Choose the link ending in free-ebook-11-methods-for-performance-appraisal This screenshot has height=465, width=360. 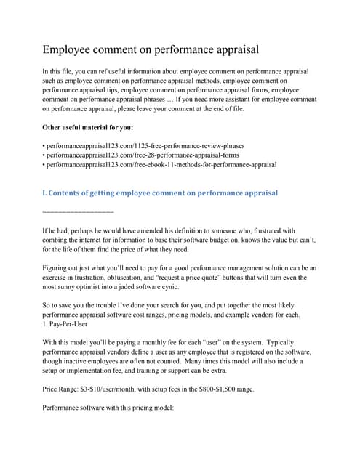(x=160, y=165)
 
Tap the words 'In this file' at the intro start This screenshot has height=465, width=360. (x=60, y=71)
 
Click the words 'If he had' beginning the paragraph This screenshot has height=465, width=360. (x=59, y=230)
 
